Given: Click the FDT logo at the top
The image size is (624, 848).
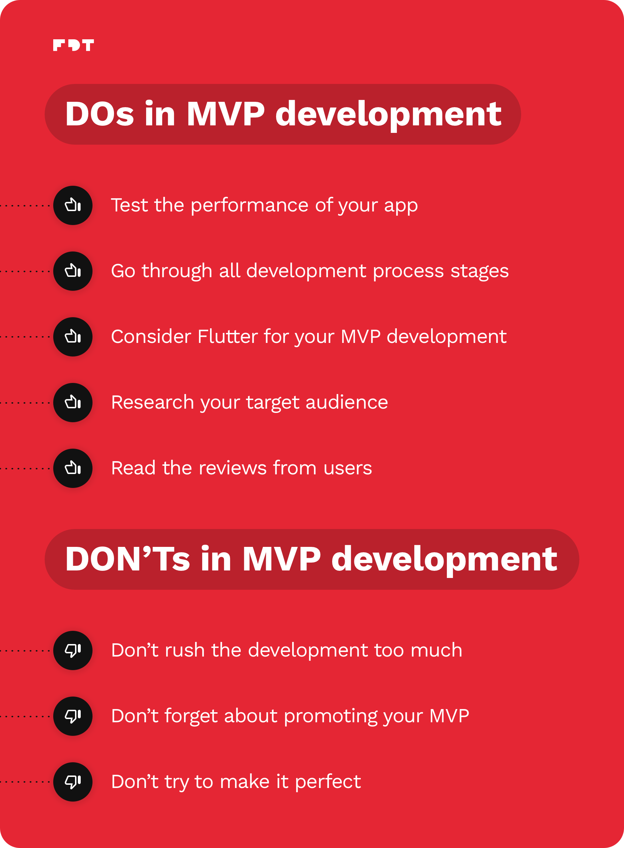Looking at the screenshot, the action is (x=73, y=45).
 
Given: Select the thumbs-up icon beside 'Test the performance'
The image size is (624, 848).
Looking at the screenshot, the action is (x=73, y=205).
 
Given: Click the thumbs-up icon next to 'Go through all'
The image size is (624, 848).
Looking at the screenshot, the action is (x=73, y=271).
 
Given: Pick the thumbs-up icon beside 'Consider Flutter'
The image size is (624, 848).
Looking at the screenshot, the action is (x=73, y=337).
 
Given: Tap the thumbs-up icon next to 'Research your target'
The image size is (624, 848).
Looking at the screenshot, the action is (x=73, y=403).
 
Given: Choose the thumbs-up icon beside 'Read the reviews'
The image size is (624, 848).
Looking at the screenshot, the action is (x=73, y=468).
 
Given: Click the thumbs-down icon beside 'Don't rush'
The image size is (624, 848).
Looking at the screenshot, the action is (x=73, y=650).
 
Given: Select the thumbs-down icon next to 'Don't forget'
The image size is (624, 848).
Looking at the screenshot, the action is (x=73, y=716).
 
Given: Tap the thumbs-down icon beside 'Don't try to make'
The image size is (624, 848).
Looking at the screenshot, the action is (x=73, y=782).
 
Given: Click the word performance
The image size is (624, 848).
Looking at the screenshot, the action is (x=250, y=206).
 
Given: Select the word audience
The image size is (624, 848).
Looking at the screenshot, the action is (x=347, y=402).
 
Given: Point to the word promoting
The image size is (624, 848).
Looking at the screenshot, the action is (x=330, y=716).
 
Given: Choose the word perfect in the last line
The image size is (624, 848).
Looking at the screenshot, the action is (x=328, y=782).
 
